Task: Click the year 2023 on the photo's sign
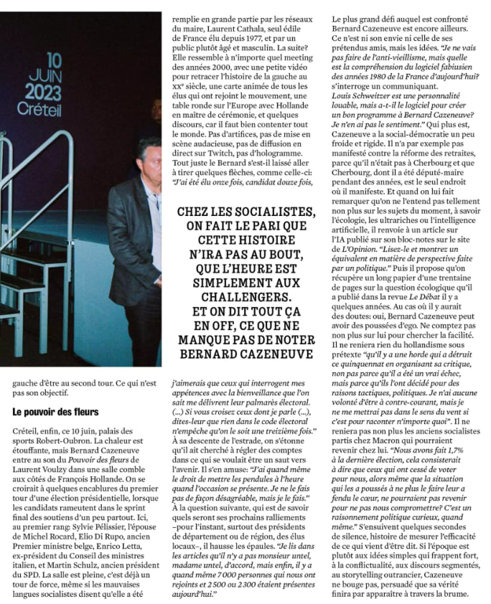point(43,92)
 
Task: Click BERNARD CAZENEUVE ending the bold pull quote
point(246,353)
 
